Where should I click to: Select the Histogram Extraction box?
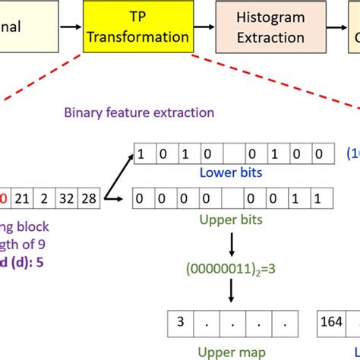pyautogui.click(x=269, y=27)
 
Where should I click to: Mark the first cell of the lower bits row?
pyautogui.click(x=141, y=155)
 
